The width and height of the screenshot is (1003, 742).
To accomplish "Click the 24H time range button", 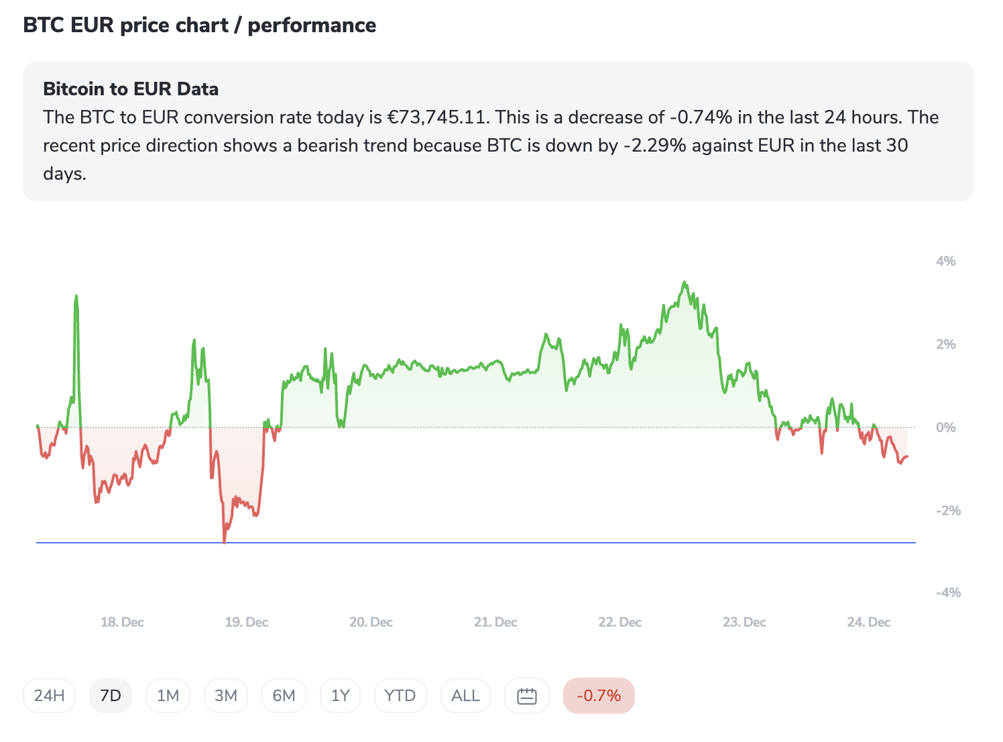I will point(49,696).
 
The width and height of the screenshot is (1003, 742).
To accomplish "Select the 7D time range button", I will point(111,696).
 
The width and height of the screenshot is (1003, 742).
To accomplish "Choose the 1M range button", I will point(168,696).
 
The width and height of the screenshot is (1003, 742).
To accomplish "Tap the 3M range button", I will point(226,696).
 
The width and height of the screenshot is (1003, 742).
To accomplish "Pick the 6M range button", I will point(284,696).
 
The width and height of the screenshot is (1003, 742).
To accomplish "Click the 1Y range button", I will point(341,696).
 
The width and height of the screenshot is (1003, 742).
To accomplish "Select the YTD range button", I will point(400,696).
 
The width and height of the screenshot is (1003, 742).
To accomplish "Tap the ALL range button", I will point(465,696).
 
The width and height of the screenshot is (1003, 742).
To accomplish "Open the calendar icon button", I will point(527,696).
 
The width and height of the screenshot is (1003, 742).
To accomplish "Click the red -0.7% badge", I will point(599,696).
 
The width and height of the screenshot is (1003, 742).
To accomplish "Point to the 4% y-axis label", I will point(945,261).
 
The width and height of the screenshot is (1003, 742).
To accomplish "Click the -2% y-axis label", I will point(948,511).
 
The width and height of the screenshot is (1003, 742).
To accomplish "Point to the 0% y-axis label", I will point(945,427).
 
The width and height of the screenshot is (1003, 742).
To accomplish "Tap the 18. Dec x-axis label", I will point(122,622).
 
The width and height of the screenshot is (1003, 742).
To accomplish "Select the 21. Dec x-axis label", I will point(495,622).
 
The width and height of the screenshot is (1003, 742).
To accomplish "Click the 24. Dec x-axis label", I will point(868,622).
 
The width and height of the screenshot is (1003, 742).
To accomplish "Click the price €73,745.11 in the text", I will point(438,117).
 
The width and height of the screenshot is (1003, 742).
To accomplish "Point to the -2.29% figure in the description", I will point(655,146).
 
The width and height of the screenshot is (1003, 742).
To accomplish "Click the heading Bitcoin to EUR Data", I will point(131,89).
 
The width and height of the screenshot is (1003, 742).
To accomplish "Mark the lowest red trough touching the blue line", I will point(224,541).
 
